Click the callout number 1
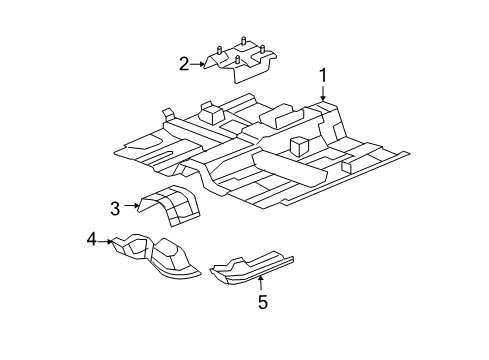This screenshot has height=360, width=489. pos(323,74)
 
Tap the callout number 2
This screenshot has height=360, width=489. pos(184,64)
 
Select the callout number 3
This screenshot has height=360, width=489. pos(115,207)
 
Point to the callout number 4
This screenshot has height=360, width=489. pos(91,239)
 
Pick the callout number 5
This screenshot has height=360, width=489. pos(262,302)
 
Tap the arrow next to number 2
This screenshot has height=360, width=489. pos(199,64)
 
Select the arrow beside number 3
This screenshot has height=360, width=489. pos(131,205)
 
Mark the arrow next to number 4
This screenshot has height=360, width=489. pos(107,241)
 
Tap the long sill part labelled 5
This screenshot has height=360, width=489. pos(255,267)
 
